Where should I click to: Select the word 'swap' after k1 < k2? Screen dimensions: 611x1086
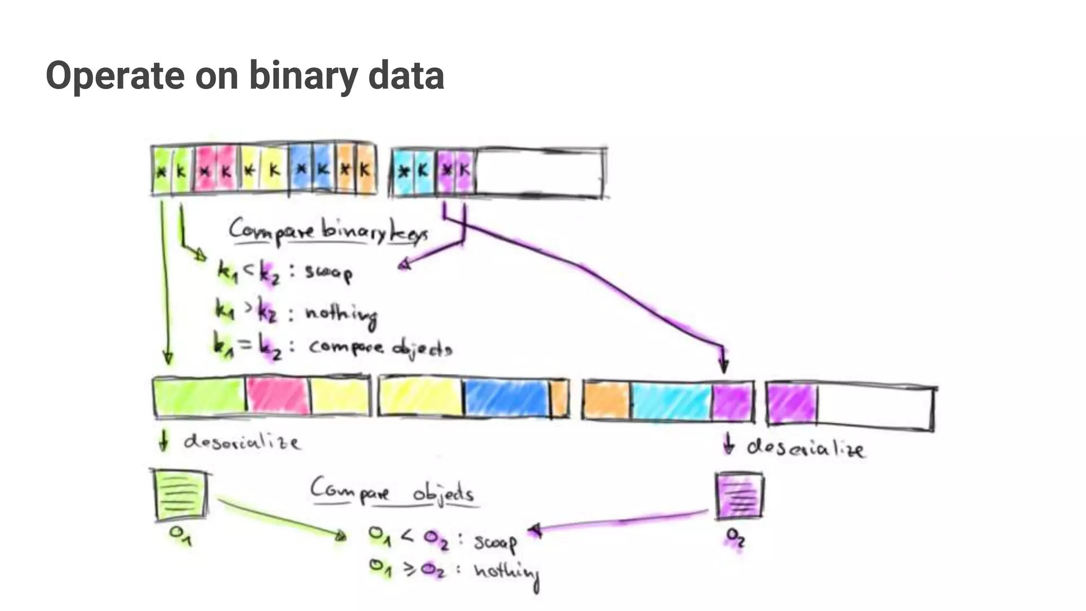click(x=328, y=273)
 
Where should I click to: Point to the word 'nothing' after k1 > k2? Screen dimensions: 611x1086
click(x=341, y=314)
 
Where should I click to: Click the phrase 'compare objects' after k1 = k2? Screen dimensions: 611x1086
click(x=380, y=347)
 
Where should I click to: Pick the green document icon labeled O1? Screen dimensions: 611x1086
click(x=180, y=496)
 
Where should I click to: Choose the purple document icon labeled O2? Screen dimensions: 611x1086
click(x=739, y=496)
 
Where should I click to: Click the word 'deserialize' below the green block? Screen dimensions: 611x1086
click(x=242, y=442)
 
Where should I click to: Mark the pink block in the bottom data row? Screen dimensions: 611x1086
click(x=278, y=396)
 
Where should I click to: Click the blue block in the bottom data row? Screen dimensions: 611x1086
click(x=506, y=398)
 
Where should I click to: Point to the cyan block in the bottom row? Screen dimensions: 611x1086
click(x=671, y=402)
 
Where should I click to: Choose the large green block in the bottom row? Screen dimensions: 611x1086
click(x=199, y=396)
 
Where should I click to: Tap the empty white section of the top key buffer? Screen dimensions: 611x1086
click(x=539, y=173)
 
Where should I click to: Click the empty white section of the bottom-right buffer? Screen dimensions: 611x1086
click(x=875, y=407)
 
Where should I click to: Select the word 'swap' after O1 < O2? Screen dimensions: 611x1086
click(x=495, y=542)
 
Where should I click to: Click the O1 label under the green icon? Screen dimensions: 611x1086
click(x=180, y=535)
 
